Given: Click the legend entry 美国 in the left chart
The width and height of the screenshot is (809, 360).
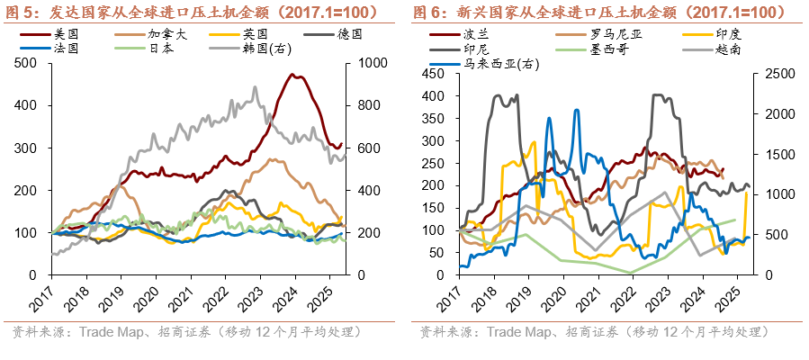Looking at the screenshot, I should [67, 33].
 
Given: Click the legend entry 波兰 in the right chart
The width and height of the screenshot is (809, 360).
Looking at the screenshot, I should [475, 34].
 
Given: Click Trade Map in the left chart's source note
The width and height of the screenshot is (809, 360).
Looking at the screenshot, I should [113, 332].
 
